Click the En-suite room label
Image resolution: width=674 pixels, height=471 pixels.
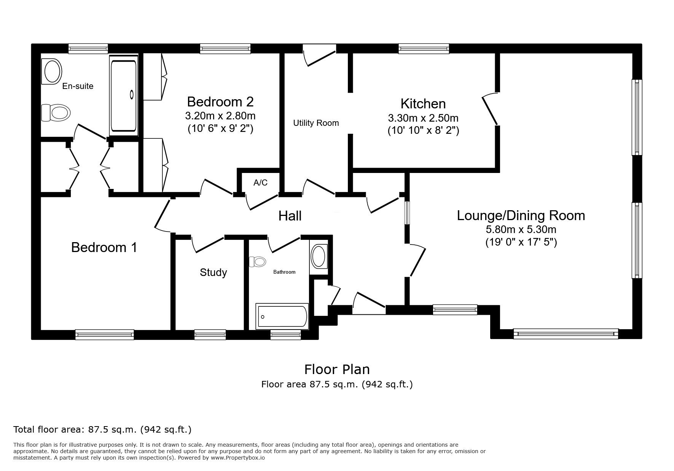coord(78,86)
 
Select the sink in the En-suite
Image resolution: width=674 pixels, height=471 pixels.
coord(53,71)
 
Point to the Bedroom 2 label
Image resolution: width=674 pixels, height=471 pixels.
coord(220,102)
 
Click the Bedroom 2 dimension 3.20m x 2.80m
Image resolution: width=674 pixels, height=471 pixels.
coord(220,116)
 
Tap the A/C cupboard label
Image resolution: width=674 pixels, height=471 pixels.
coord(260,183)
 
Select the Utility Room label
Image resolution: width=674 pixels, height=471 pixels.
coord(316,123)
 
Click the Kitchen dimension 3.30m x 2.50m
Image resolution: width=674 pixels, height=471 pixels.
coord(423,117)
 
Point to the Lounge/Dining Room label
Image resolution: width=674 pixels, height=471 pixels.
coord(521,216)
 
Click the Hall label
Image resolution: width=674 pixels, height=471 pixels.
coord(290,216)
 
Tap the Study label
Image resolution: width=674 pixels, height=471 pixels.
coord(213,273)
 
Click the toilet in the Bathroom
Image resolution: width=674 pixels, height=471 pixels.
coord(258,262)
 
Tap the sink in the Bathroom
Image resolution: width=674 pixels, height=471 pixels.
coord(319,256)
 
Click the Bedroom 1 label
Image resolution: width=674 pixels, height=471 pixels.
coord(104,247)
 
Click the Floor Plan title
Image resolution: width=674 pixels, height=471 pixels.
coord(337,370)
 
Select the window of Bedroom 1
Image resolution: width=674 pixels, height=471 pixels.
coord(105,335)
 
